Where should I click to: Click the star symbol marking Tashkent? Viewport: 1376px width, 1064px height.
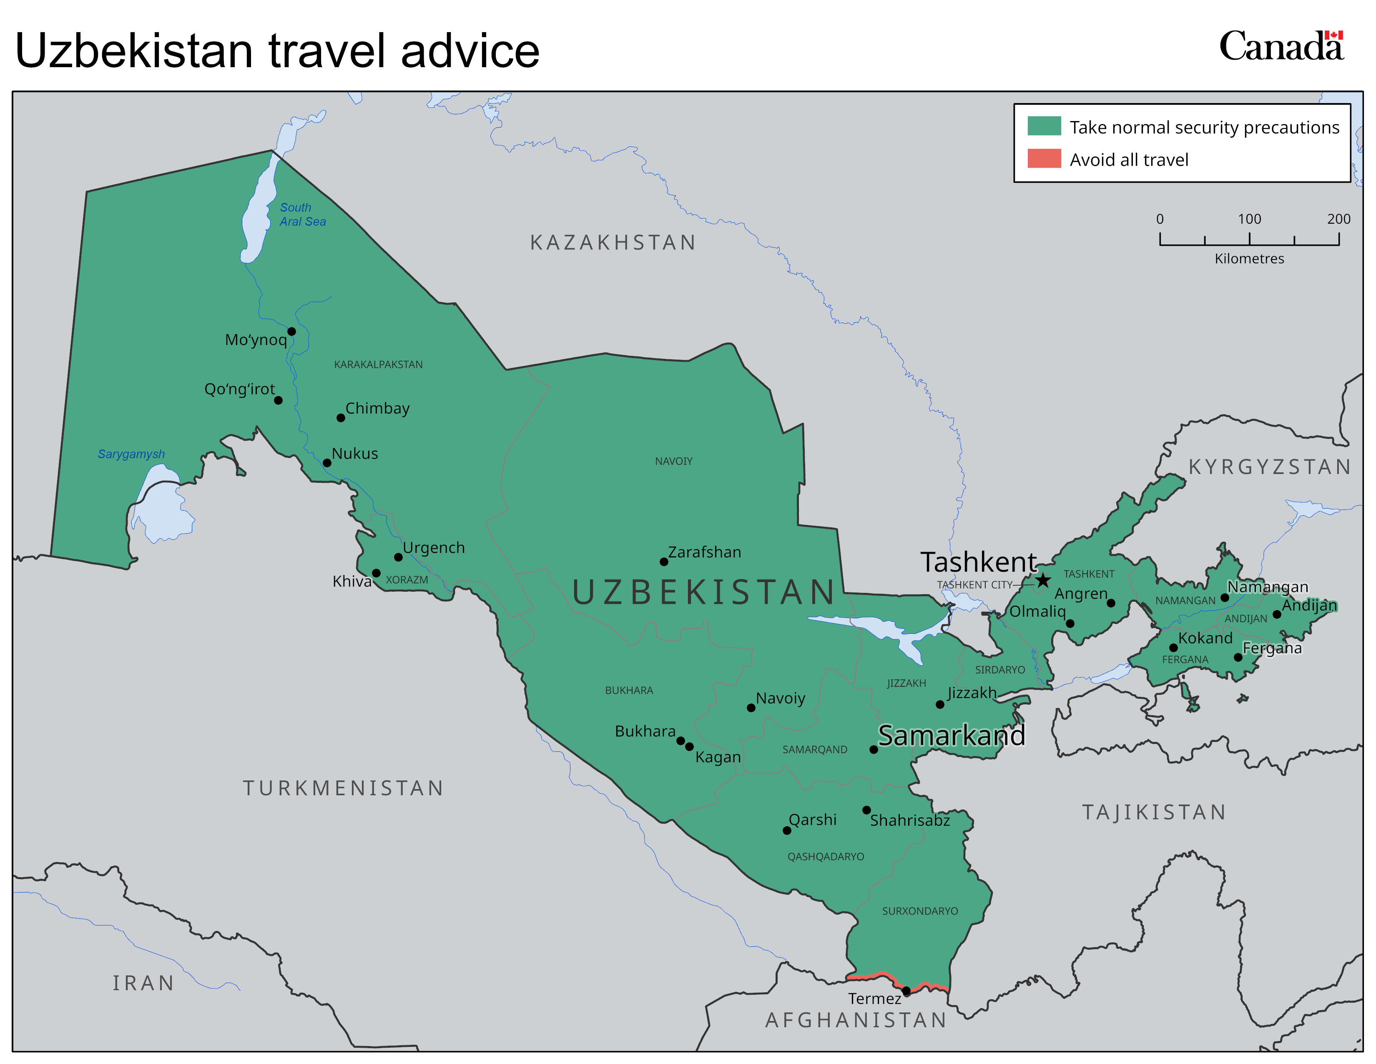(x=1043, y=580)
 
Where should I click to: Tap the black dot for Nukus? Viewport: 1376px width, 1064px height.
(x=327, y=463)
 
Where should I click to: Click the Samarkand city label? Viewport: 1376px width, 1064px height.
(x=952, y=735)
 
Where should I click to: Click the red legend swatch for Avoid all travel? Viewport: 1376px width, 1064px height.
(x=1044, y=159)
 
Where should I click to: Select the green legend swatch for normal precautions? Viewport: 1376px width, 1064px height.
(x=1044, y=126)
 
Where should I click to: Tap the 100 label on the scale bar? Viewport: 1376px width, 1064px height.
(x=1249, y=219)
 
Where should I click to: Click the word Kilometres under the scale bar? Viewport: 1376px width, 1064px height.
(x=1249, y=258)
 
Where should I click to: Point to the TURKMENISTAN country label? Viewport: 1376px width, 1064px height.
(x=343, y=788)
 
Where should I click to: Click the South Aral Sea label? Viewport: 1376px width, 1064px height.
(x=302, y=214)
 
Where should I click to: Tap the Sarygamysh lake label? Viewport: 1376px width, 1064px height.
(x=131, y=454)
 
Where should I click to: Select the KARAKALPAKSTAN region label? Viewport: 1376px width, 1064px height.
(x=378, y=364)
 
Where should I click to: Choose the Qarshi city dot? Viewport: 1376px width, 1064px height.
(x=787, y=830)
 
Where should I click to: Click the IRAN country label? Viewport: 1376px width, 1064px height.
(x=143, y=983)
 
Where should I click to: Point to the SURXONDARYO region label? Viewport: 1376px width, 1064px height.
(x=920, y=911)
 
